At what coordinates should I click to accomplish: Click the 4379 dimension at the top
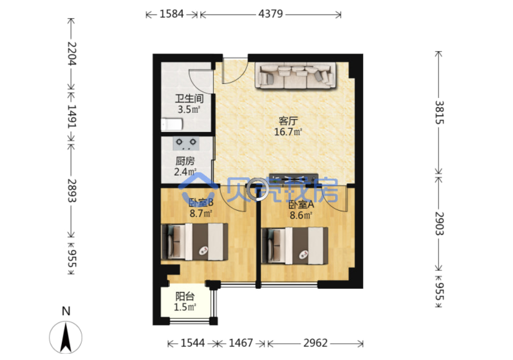click(271, 14)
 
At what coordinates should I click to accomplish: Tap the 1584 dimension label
click(171, 14)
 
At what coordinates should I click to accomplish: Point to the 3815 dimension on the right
click(439, 112)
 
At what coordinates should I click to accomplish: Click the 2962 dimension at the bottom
click(315, 342)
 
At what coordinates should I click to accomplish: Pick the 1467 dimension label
click(241, 342)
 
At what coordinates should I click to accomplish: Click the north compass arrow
click(66, 337)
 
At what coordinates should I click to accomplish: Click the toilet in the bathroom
click(172, 124)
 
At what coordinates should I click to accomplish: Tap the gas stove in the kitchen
click(186, 144)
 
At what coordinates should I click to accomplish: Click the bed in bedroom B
click(194, 242)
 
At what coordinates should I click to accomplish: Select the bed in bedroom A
click(295, 246)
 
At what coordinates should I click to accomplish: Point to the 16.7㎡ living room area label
click(288, 132)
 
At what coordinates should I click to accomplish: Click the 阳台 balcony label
click(185, 296)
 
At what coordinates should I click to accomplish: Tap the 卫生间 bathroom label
click(189, 98)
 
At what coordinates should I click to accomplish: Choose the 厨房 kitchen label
click(185, 161)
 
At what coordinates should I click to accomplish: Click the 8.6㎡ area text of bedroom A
click(301, 215)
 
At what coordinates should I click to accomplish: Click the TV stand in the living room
click(293, 179)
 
